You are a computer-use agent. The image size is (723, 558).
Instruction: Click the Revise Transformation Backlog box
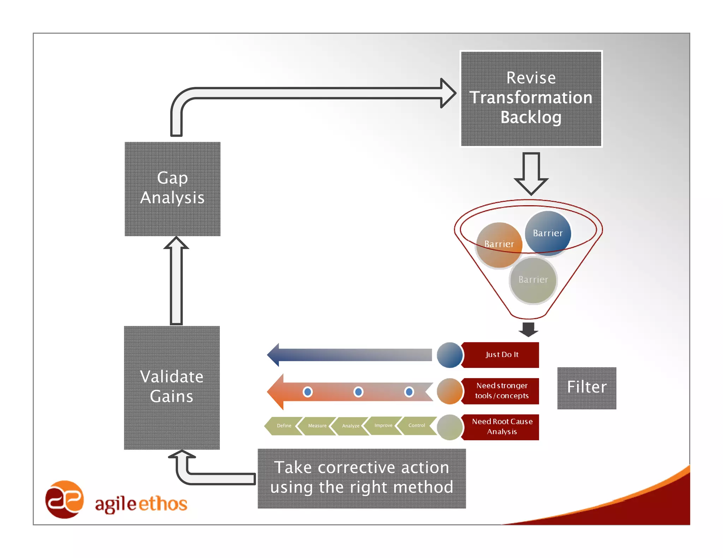click(x=531, y=98)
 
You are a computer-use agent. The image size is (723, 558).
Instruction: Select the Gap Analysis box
click(x=172, y=189)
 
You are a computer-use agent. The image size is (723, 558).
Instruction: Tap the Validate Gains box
click(x=172, y=387)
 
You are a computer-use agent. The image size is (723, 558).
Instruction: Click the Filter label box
click(x=586, y=388)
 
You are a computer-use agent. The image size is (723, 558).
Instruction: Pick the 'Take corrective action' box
click(x=361, y=478)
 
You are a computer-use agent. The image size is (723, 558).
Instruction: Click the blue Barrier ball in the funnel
click(x=548, y=233)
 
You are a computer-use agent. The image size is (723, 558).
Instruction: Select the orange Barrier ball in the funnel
click(x=498, y=245)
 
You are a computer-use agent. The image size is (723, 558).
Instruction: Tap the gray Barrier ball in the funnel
click(x=533, y=280)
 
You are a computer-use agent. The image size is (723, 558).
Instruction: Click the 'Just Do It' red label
click(x=501, y=355)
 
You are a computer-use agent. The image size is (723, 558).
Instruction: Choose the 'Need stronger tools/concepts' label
click(x=501, y=391)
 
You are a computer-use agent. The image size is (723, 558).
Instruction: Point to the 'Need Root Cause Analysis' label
click(x=501, y=427)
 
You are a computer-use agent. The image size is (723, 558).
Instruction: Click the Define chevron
click(x=283, y=426)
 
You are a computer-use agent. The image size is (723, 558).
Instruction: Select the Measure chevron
click(x=317, y=426)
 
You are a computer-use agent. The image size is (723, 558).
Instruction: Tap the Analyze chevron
click(x=350, y=426)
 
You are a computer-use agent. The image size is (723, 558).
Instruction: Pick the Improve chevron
click(x=383, y=425)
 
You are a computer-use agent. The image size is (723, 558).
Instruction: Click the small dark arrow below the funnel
click(x=528, y=329)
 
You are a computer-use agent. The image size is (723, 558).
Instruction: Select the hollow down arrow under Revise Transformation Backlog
click(x=531, y=173)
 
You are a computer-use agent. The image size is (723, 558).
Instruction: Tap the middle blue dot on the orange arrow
click(x=358, y=392)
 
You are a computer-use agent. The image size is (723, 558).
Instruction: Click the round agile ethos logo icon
click(x=64, y=499)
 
